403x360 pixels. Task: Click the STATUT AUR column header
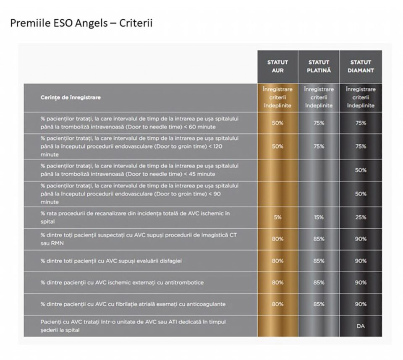(277, 66)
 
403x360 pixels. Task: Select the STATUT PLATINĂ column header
(319, 66)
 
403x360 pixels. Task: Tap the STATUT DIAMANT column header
(361, 66)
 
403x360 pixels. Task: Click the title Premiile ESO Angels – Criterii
(81, 23)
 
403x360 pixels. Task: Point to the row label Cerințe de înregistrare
(71, 98)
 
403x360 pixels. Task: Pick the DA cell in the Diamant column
(361, 326)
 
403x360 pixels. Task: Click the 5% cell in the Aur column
(277, 217)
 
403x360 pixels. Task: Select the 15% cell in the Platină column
(319, 217)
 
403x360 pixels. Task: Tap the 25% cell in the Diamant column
(361, 217)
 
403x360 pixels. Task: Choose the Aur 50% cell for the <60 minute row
(277, 123)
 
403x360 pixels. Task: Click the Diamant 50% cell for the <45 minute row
(361, 170)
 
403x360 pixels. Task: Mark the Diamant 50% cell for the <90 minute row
(361, 194)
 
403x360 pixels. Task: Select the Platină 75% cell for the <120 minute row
(319, 146)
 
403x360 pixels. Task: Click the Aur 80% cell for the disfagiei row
(277, 261)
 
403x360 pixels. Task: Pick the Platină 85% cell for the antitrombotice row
(319, 282)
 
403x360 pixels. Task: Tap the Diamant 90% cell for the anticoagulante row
(361, 304)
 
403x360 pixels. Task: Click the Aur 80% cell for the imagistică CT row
(277, 239)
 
